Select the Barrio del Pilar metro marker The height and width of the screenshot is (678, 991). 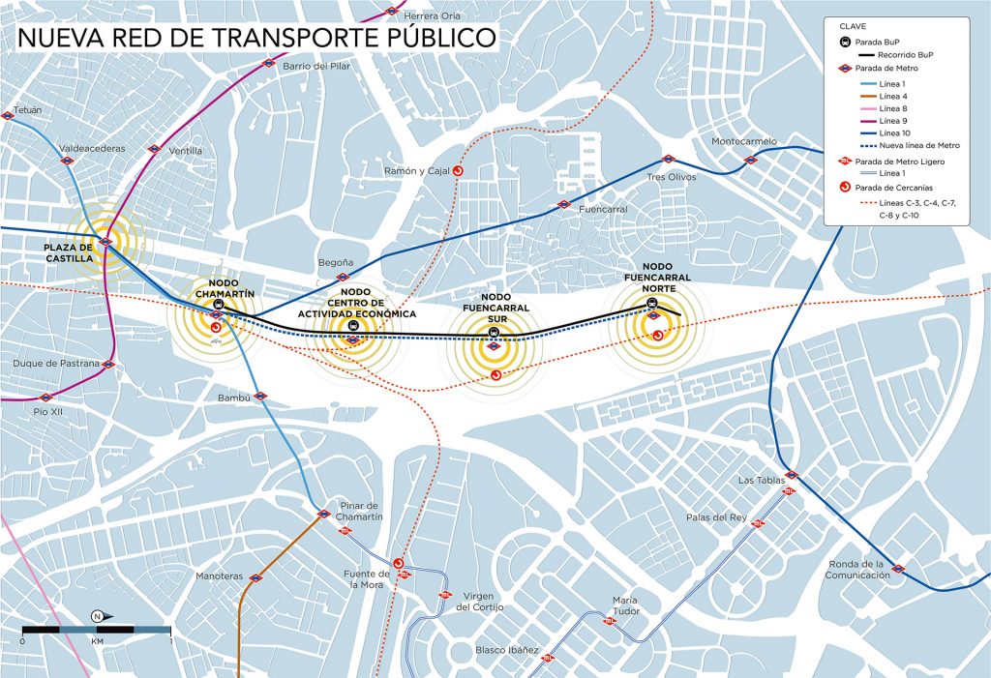pyautogui.click(x=269, y=63)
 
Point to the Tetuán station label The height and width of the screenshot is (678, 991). pyautogui.click(x=28, y=110)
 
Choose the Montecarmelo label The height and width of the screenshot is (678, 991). pyautogui.click(x=743, y=141)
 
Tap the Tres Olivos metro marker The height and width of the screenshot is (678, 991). pyautogui.click(x=667, y=160)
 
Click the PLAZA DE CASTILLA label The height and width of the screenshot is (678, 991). pyautogui.click(x=69, y=252)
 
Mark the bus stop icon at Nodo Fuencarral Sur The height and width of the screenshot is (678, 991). pyautogui.click(x=495, y=334)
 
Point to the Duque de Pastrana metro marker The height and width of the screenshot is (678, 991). pyautogui.click(x=108, y=365)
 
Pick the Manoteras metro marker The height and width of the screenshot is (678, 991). pyautogui.click(x=255, y=577)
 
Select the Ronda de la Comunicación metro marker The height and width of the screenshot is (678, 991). pyautogui.click(x=898, y=569)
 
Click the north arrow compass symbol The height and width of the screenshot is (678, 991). pyautogui.click(x=98, y=616)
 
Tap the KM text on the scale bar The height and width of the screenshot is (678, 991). pyautogui.click(x=97, y=641)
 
